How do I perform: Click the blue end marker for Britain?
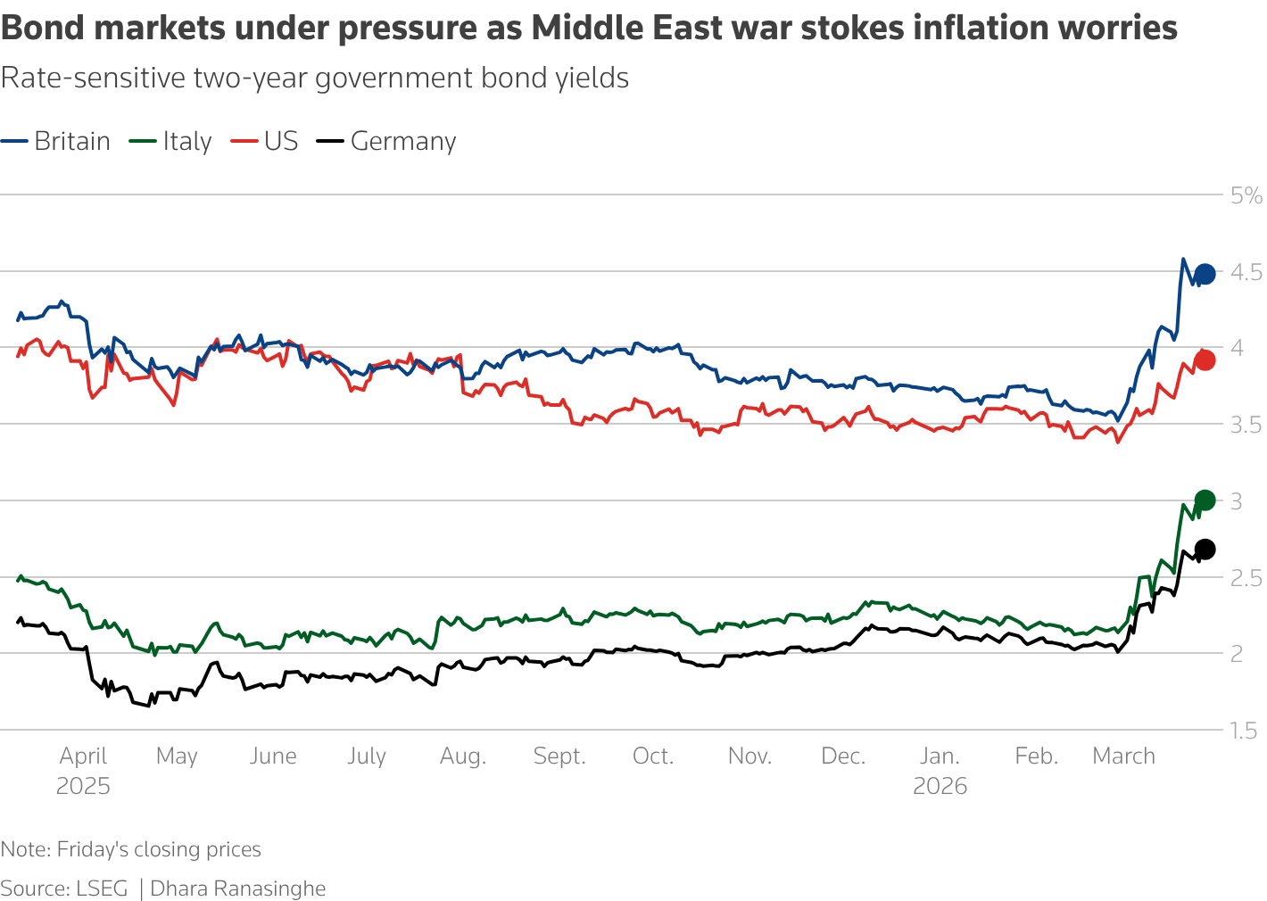[1204, 274]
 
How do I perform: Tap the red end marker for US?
[1204, 360]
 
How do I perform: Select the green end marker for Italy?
[1204, 500]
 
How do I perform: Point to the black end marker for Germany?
[1204, 549]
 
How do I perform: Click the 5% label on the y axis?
[1246, 195]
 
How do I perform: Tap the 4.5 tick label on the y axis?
[1246, 272]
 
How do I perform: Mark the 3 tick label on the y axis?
[1236, 501]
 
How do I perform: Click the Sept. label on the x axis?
[559, 756]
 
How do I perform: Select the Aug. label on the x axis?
[463, 756]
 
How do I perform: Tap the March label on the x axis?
[1123, 756]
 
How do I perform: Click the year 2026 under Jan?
[940, 786]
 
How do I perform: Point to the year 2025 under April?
[83, 786]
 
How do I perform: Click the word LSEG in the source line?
[102, 889]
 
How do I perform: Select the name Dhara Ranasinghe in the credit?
[237, 889]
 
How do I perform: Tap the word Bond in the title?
[42, 29]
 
